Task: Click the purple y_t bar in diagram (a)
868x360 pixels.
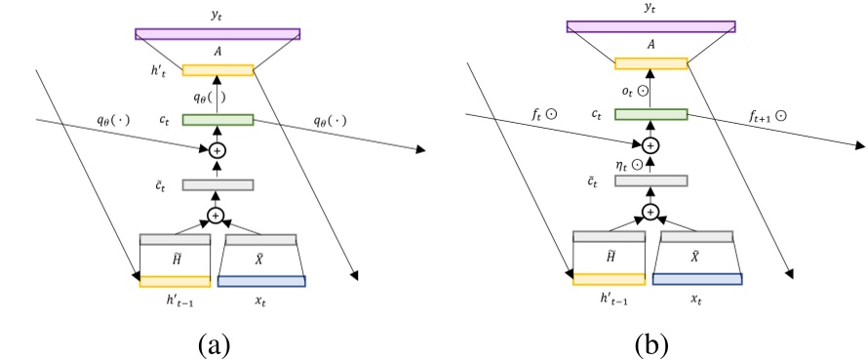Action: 217,33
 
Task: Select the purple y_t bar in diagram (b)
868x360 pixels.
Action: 650,26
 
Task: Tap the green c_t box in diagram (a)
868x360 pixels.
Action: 217,120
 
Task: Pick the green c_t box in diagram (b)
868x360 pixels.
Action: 651,114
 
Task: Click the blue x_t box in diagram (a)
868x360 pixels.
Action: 261,282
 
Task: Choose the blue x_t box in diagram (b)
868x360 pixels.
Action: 695,279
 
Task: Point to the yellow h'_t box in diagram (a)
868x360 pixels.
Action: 217,70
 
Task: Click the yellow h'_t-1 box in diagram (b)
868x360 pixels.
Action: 609,279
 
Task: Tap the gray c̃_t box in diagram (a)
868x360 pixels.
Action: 217,184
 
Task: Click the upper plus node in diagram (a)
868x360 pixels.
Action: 217,150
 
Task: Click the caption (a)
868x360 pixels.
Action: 214,342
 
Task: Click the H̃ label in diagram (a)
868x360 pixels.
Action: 176,259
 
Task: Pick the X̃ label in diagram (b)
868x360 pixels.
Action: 695,256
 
